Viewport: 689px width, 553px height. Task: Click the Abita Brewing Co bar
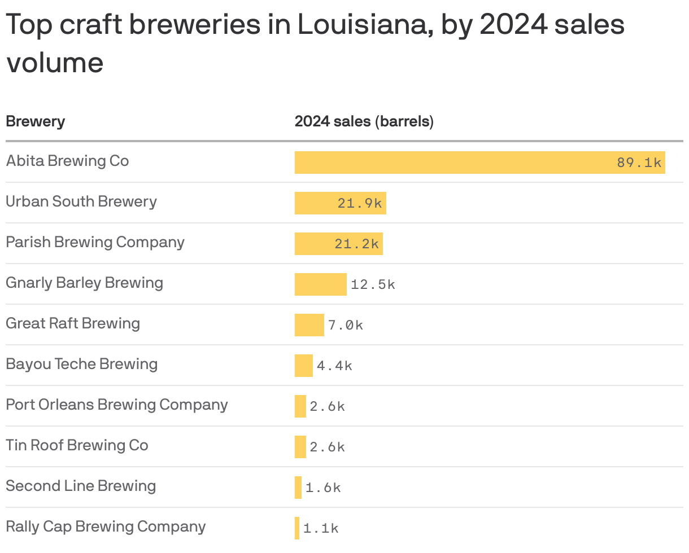(452, 163)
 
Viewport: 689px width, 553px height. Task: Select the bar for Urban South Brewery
(316, 203)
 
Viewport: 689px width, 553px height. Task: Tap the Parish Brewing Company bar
(314, 244)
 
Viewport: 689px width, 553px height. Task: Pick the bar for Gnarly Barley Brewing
(320, 284)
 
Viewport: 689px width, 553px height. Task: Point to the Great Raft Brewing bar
(309, 325)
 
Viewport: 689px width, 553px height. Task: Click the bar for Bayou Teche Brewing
(303, 366)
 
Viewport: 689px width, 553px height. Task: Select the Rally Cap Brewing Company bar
(297, 528)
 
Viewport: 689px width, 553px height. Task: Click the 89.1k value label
(639, 163)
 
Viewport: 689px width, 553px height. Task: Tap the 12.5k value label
(373, 285)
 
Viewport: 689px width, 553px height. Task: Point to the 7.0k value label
(346, 326)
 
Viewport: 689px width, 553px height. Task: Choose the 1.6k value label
(323, 488)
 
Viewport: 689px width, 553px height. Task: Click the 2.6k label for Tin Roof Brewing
(327, 447)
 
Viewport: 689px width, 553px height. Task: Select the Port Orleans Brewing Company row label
(117, 405)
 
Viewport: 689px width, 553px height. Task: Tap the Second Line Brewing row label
(81, 486)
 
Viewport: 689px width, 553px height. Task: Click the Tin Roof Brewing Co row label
(77, 445)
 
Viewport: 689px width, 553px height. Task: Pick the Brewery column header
(35, 121)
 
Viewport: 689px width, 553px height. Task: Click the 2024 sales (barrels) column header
(364, 121)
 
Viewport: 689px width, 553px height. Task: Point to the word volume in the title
(55, 63)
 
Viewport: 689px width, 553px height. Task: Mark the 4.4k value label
(334, 366)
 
